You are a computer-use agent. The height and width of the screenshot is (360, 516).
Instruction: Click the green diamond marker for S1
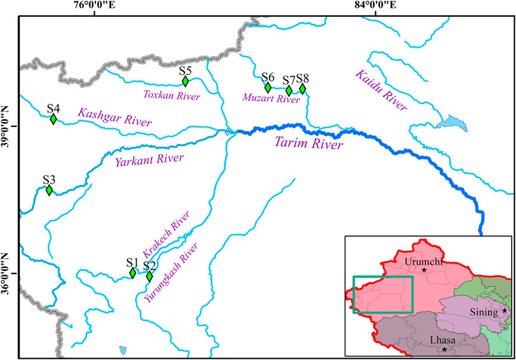pyautogui.click(x=132, y=273)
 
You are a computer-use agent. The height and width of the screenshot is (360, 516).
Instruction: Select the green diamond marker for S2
pyautogui.click(x=149, y=277)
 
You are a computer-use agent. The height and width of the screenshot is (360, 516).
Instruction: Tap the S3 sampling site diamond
pyautogui.click(x=49, y=190)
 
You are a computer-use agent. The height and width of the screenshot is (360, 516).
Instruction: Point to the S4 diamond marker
pyautogui.click(x=53, y=119)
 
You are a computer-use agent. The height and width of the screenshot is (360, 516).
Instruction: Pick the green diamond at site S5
pyautogui.click(x=186, y=81)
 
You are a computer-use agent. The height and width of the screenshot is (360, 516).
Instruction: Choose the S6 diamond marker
pyautogui.click(x=268, y=88)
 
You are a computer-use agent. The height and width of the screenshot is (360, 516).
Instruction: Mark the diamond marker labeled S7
pyautogui.click(x=289, y=91)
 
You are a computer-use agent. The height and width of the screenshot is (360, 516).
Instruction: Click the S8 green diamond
pyautogui.click(x=302, y=89)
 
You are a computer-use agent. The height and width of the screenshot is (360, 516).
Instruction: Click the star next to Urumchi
pyautogui.click(x=424, y=270)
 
